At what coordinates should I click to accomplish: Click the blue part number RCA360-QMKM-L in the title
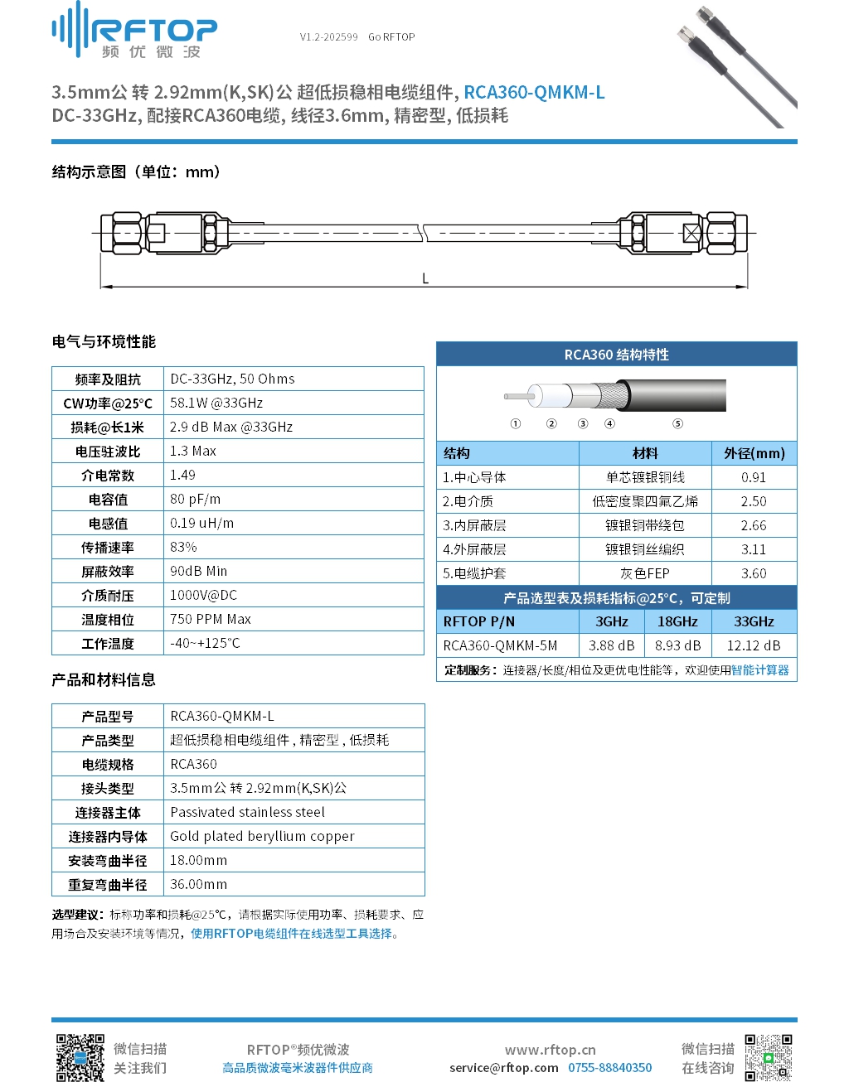(x=534, y=92)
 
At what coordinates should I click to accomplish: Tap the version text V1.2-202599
(x=329, y=37)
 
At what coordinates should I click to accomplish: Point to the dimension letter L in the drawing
(x=425, y=278)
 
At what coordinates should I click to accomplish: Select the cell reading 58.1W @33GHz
(x=216, y=403)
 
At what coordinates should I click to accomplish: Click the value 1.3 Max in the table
(x=193, y=451)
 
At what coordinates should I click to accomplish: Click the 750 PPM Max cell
(x=211, y=619)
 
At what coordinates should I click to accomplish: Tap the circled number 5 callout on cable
(x=677, y=423)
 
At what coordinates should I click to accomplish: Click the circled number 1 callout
(x=516, y=423)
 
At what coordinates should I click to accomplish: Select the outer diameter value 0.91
(x=754, y=477)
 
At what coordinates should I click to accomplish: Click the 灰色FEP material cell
(x=645, y=573)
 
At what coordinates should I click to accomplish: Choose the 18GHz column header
(x=677, y=621)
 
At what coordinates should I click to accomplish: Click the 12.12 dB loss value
(x=754, y=645)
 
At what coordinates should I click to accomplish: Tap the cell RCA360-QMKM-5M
(x=500, y=645)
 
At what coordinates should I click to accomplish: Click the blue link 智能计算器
(x=759, y=669)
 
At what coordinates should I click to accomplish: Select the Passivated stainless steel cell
(x=248, y=812)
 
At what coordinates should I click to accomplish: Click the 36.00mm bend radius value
(x=199, y=884)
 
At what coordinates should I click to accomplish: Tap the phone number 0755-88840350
(x=609, y=1067)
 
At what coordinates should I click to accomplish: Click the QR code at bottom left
(x=80, y=1057)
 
